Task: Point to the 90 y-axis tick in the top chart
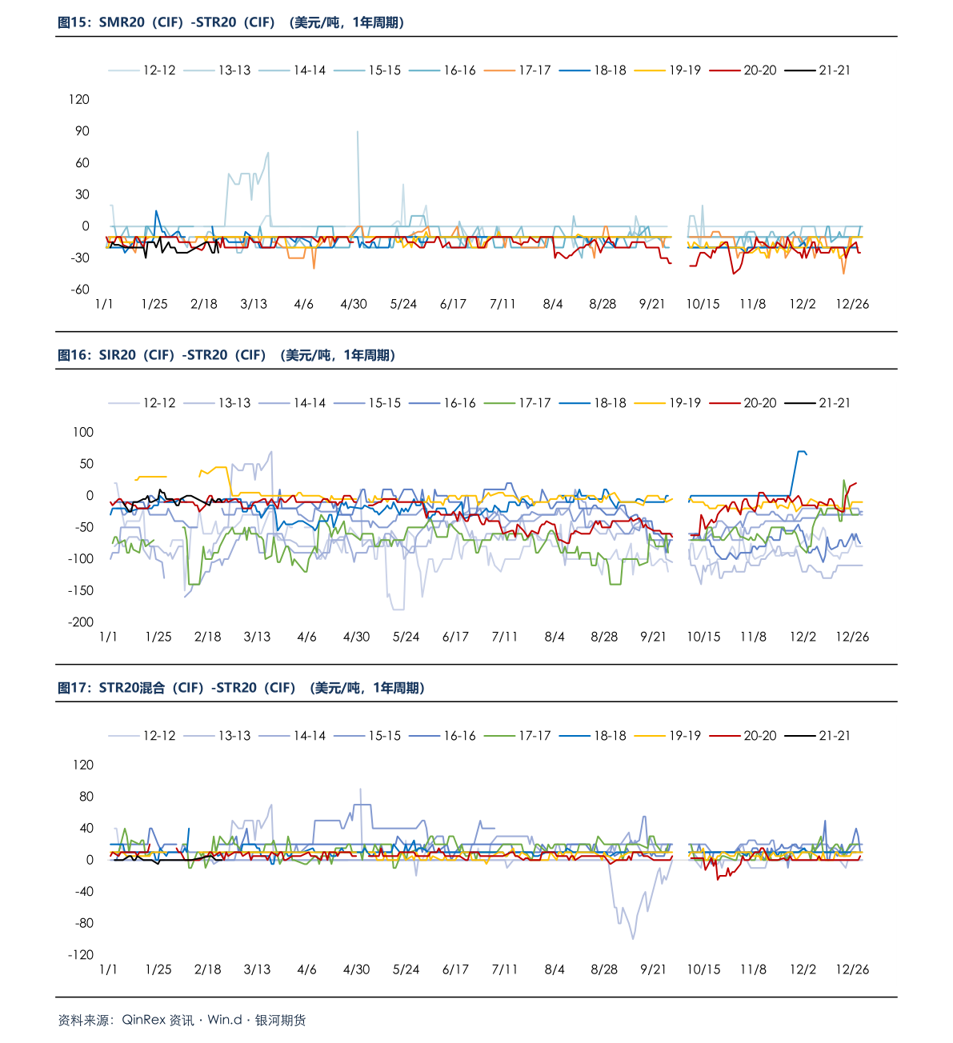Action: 82,131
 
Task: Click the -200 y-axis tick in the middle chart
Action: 81,622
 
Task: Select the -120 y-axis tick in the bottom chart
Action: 81,955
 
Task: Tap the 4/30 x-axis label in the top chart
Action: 354,304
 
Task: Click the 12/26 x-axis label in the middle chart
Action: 852,637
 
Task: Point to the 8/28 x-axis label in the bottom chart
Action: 604,969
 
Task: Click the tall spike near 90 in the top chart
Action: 357,133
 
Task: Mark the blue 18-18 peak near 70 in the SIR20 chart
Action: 800,452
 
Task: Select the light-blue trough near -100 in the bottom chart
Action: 633,937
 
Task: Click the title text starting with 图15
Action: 230,22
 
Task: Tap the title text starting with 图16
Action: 226,355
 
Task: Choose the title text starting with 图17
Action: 241,688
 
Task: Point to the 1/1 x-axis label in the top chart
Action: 104,304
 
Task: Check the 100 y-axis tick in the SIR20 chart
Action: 83,432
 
